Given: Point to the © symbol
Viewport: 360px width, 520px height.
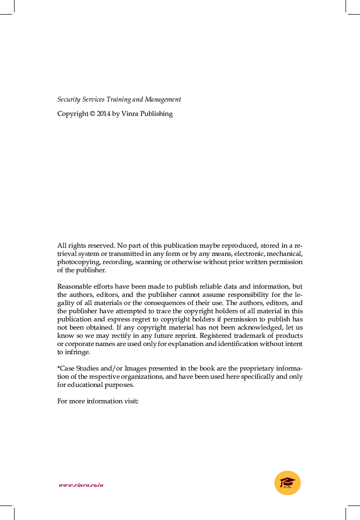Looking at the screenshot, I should tap(92, 114).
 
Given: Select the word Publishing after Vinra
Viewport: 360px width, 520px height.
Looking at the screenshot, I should tap(156, 114).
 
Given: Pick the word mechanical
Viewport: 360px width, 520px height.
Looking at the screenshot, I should tap(284, 254).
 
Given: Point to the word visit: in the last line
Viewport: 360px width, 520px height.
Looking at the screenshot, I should tap(131, 401).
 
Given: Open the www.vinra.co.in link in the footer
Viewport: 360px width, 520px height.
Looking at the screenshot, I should tap(81, 485).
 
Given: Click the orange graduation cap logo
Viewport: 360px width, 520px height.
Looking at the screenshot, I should tap(288, 483).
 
